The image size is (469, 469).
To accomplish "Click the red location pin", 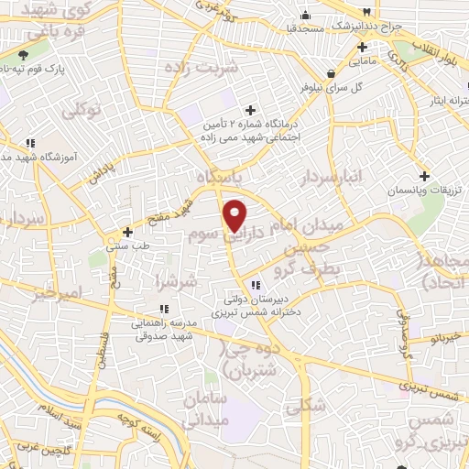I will point(235,215).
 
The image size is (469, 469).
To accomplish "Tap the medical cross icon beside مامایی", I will point(363,47).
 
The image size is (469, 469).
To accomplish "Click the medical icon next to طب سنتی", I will point(128,231).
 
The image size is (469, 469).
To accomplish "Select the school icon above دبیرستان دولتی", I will point(254,284).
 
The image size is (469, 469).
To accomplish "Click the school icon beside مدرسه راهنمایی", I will point(137,310).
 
